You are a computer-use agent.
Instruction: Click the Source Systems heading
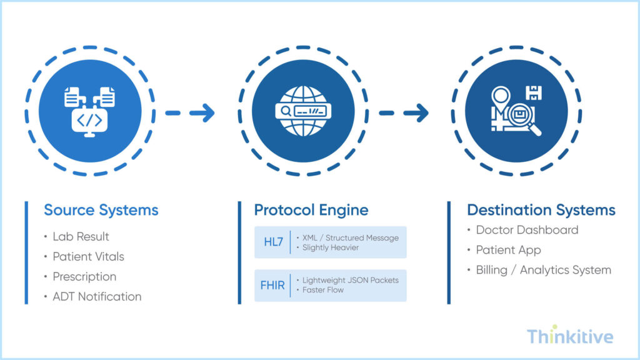(x=101, y=210)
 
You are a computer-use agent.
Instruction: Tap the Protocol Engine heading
(x=311, y=210)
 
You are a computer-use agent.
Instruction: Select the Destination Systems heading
(x=541, y=210)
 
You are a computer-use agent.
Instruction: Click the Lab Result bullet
(x=81, y=237)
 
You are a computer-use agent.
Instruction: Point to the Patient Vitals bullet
(x=88, y=257)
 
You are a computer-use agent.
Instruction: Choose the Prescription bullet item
(x=84, y=277)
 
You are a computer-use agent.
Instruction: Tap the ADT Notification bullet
(x=97, y=297)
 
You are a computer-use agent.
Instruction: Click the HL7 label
(x=273, y=242)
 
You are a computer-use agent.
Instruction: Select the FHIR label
(x=272, y=286)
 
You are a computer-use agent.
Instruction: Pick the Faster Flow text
(x=322, y=290)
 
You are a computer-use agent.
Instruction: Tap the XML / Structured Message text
(x=350, y=237)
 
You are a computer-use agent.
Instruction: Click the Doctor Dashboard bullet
(x=527, y=230)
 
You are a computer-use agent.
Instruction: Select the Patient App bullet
(x=508, y=250)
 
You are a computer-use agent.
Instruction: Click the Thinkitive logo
(x=569, y=337)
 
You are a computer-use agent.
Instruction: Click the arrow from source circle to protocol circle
(x=190, y=113)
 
